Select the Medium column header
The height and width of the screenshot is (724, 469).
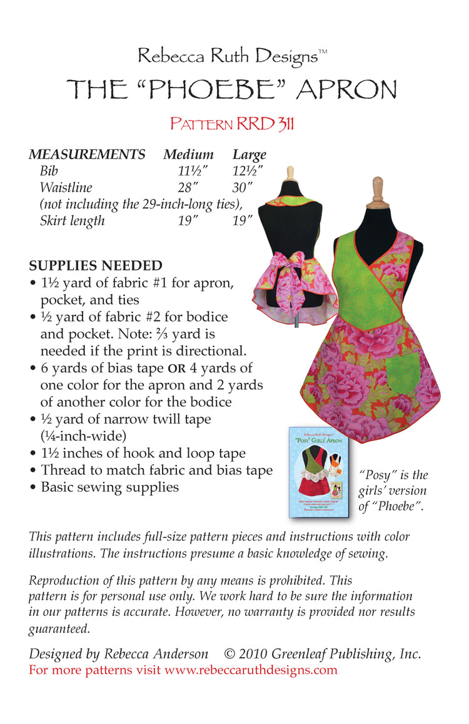coord(188,154)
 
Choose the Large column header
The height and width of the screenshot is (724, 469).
coord(249,154)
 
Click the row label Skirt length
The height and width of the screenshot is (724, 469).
coord(72,221)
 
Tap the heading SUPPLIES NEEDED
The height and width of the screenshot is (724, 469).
coord(96,265)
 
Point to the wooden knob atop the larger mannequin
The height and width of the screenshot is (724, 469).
coord(376,191)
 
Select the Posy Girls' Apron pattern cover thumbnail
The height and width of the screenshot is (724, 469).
coord(319,472)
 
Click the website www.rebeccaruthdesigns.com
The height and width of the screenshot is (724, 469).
coord(251,670)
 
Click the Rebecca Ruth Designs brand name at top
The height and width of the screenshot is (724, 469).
coord(228,57)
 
